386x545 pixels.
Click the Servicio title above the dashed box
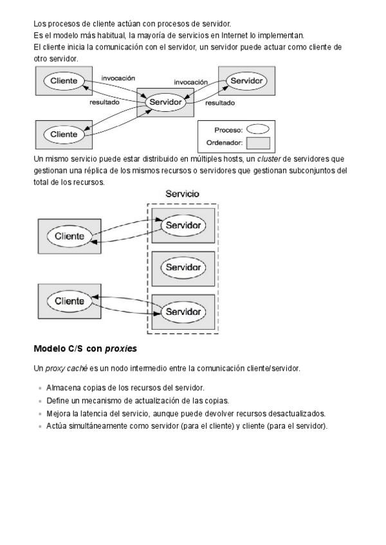pos(182,193)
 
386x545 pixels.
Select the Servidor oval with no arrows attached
pos(183,267)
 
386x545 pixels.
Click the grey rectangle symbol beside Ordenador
pos(259,143)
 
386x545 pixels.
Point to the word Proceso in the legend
pos(228,130)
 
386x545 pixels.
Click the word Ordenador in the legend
pos(224,143)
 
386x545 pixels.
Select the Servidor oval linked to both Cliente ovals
pos(165,102)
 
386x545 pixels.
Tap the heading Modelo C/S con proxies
pos(85,349)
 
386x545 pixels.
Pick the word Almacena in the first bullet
pos(62,388)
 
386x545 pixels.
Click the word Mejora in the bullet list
pos(58,413)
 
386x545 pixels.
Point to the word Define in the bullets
pos(57,400)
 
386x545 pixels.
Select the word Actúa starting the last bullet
pos(57,425)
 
